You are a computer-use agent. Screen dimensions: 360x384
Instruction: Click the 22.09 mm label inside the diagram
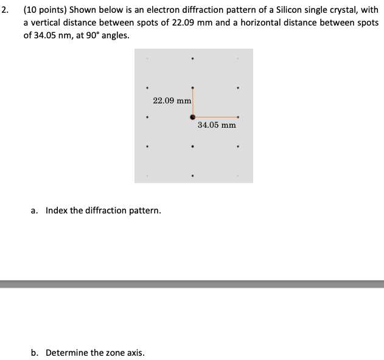pyautogui.click(x=172, y=100)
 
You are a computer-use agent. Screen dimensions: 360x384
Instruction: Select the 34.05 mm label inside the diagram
pyautogui.click(x=217, y=125)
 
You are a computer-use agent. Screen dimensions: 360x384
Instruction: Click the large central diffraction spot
pyautogui.click(x=193, y=116)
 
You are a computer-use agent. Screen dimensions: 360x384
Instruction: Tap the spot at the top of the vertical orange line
pyautogui.click(x=193, y=88)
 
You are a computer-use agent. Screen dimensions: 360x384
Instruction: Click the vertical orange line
pyautogui.click(x=193, y=102)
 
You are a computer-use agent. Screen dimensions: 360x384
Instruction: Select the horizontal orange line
pyautogui.click(x=215, y=116)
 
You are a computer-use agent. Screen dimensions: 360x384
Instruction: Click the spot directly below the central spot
pyautogui.click(x=193, y=146)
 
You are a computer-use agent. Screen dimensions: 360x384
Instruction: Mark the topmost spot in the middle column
pyautogui.click(x=193, y=58)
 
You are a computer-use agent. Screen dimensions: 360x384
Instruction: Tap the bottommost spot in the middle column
pyautogui.click(x=193, y=176)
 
